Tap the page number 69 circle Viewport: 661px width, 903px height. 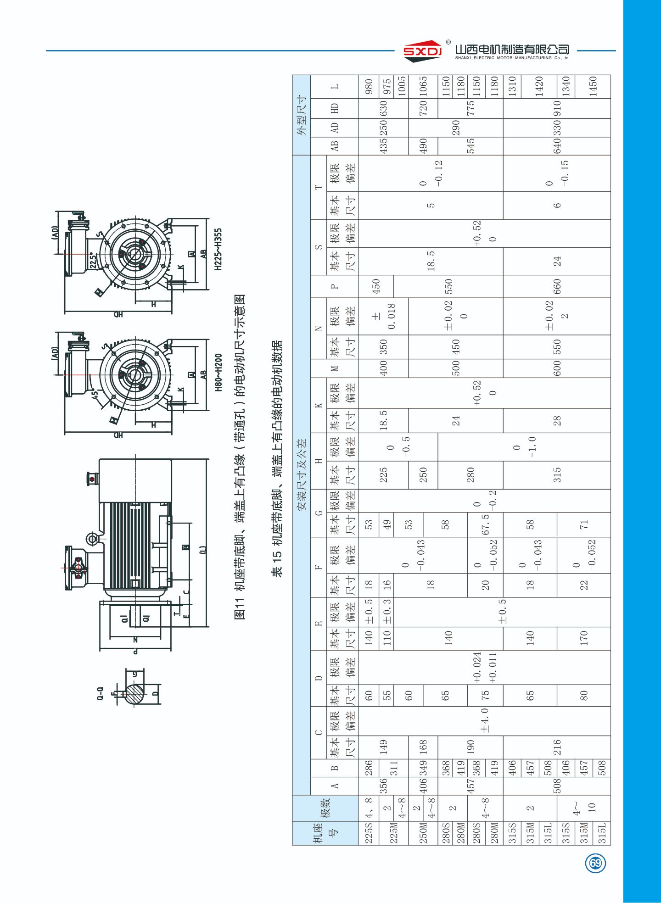click(x=595, y=863)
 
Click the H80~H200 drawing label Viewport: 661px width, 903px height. click(x=218, y=372)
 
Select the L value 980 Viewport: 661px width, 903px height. click(x=369, y=86)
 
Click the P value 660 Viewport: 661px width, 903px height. click(x=557, y=286)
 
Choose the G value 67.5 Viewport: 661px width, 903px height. click(x=485, y=524)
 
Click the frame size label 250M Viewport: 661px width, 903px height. click(x=423, y=832)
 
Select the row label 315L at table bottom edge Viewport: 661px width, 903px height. click(x=602, y=832)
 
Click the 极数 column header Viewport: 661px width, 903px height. click(x=325, y=808)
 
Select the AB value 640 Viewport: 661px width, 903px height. click(x=557, y=146)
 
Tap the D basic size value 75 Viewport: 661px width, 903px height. click(x=485, y=695)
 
